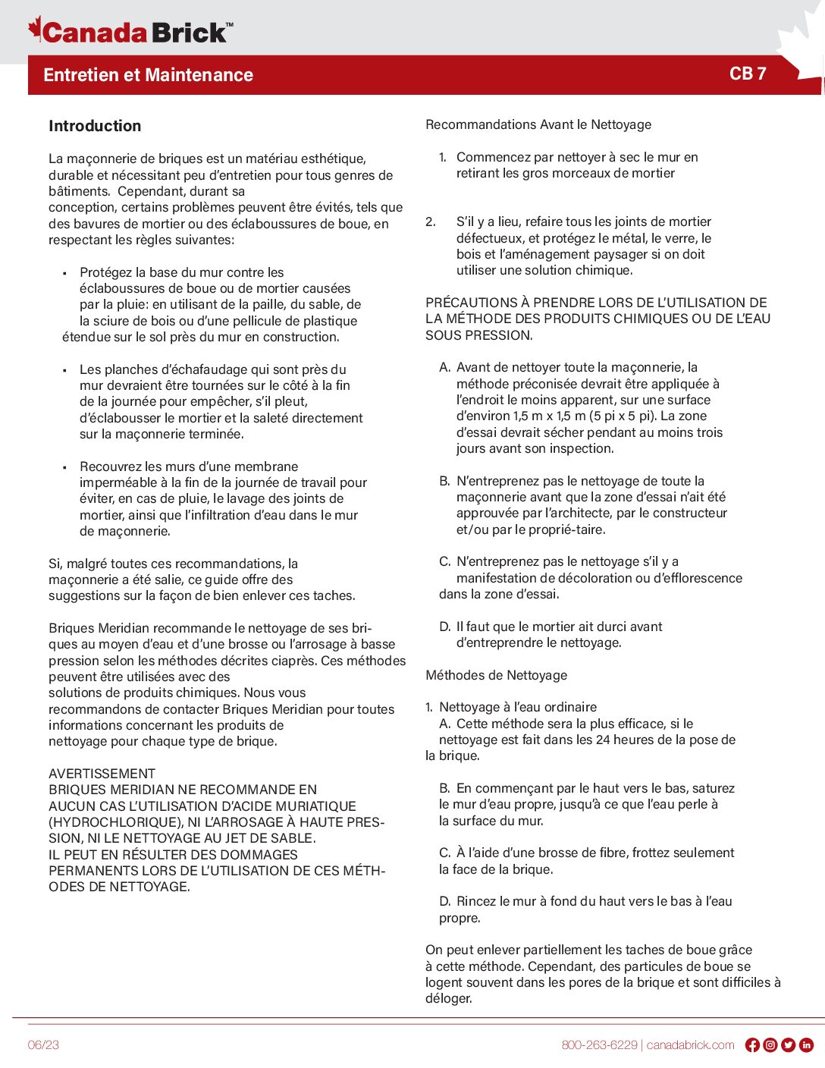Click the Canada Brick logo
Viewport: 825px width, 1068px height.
click(130, 31)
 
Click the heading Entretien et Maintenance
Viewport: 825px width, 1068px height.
click(148, 75)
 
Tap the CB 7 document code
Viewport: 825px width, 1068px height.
click(748, 74)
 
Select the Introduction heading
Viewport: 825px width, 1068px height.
click(95, 126)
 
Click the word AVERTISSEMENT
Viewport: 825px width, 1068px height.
click(102, 774)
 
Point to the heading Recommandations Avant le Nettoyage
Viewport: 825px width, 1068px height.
click(538, 124)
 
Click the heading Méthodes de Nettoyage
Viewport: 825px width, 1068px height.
click(496, 675)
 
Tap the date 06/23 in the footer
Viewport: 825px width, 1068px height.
click(43, 1045)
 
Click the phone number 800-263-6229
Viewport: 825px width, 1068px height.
click(599, 1045)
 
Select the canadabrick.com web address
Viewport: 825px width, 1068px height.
click(690, 1045)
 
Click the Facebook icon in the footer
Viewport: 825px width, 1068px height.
click(752, 1045)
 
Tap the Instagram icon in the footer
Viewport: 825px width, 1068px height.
click(770, 1045)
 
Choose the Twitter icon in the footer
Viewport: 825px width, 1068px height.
click(789, 1045)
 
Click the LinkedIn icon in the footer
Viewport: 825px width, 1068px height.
click(807, 1045)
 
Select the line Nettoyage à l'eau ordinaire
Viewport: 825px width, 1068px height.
click(518, 707)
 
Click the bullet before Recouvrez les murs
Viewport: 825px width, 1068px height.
click(64, 467)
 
